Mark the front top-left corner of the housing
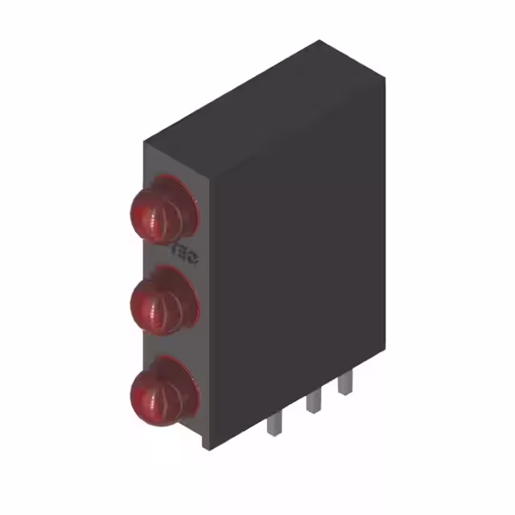pyautogui.click(x=145, y=143)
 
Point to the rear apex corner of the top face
pyautogui.click(x=319, y=40)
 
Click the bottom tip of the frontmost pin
pyautogui.click(x=274, y=435)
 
